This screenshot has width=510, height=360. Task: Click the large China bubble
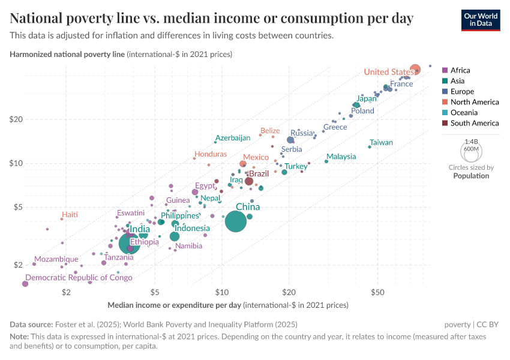[236, 221]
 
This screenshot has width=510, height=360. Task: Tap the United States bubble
[415, 70]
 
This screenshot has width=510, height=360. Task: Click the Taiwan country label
[381, 143]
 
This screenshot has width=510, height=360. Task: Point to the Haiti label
[70, 215]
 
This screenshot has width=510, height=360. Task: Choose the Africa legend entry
[460, 70]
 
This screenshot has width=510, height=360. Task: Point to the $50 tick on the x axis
[377, 292]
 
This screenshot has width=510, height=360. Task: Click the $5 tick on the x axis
[155, 292]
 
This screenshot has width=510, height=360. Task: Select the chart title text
[211, 18]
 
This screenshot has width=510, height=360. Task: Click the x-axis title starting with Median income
[174, 305]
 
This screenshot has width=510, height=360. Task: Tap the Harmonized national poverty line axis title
[67, 54]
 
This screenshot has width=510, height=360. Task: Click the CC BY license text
[487, 324]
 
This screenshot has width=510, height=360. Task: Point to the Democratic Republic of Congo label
[79, 278]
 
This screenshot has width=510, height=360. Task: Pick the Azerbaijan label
[232, 138]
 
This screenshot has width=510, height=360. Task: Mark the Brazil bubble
[249, 181]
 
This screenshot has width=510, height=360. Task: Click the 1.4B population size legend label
[471, 142]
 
